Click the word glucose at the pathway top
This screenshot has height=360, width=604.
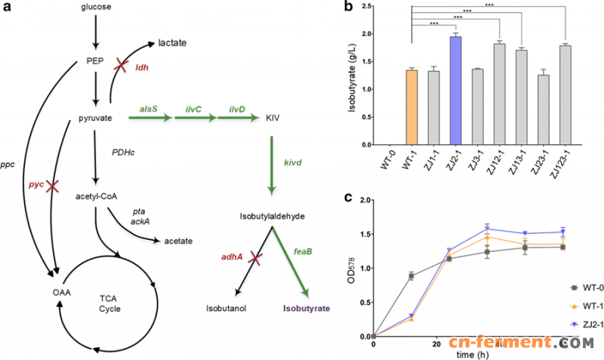click(x=97, y=7)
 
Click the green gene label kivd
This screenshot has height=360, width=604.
click(x=294, y=162)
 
